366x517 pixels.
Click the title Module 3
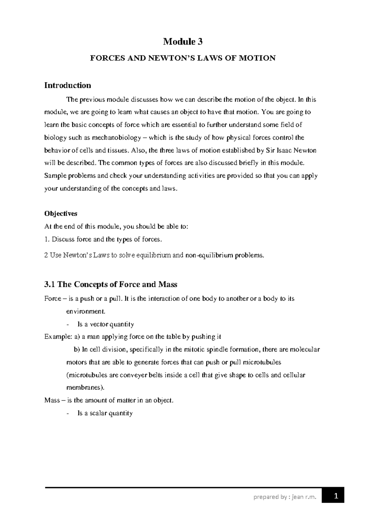[183, 41]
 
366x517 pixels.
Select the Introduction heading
[67, 85]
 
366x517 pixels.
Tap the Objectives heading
[61, 214]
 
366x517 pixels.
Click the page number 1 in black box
[336, 497]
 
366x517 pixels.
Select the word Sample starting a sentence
[55, 176]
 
